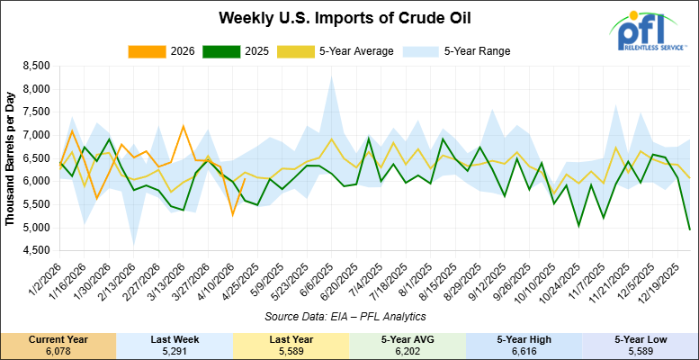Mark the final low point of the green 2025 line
point(689,229)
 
